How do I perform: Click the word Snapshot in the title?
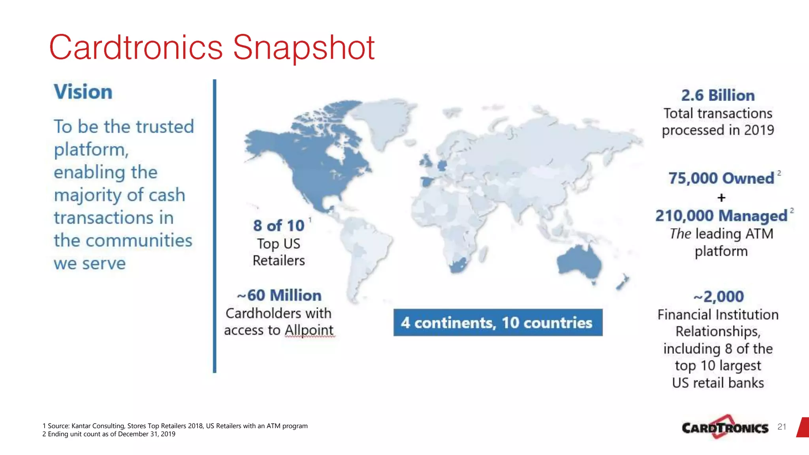click(303, 48)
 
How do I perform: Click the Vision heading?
click(83, 92)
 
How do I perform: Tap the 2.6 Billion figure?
click(718, 96)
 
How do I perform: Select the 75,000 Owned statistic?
click(721, 179)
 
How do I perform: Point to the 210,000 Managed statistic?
click(721, 216)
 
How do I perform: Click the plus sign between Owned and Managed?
click(721, 197)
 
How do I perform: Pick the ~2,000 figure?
click(719, 297)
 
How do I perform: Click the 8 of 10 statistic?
click(279, 226)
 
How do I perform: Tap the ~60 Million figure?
click(279, 295)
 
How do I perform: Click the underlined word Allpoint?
click(309, 330)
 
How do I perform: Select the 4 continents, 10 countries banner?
click(498, 323)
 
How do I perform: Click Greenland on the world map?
click(381, 118)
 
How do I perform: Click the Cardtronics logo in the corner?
click(725, 427)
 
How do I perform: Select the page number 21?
click(781, 427)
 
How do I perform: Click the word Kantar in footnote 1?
click(81, 426)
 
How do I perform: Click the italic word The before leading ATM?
click(680, 234)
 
